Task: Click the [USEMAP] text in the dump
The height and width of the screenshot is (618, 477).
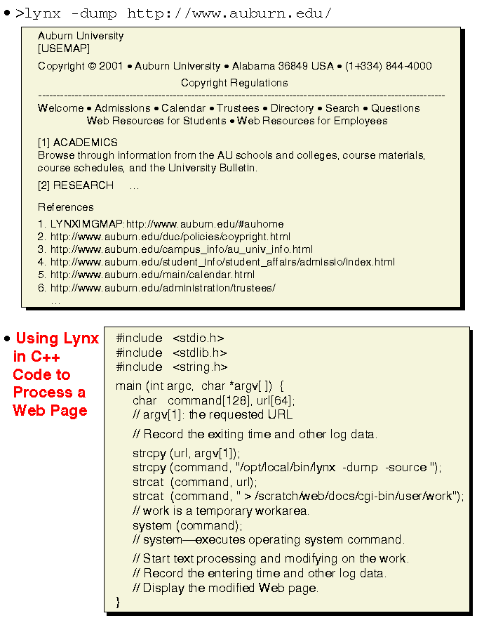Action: pos(64,48)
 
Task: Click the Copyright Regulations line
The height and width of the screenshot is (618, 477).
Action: pos(234,83)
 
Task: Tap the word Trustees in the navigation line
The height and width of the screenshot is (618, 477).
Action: pos(238,108)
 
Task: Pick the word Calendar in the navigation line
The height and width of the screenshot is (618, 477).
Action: pos(183,108)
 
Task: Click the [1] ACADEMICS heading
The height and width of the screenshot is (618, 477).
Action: pos(78,142)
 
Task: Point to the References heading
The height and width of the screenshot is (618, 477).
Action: pos(66,207)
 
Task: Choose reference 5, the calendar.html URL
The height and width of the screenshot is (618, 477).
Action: pos(152,275)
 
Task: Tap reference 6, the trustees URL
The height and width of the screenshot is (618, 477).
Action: pos(163,287)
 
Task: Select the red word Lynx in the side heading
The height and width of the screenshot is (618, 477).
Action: pos(81,338)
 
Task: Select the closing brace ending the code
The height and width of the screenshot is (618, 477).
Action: pos(119,602)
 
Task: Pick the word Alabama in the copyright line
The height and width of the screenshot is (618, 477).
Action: pos(254,66)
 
